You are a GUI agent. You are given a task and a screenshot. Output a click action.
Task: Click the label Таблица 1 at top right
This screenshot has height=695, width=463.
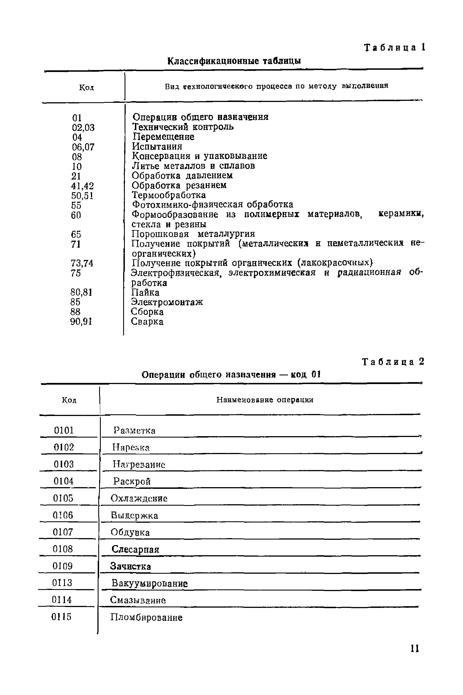[x=394, y=48]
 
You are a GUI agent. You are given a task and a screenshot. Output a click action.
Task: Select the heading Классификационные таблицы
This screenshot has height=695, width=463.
[x=234, y=61]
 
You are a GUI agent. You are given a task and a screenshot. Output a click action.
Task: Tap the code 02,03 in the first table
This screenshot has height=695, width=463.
[x=83, y=128]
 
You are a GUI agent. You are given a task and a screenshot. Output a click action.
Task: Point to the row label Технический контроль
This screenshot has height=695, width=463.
[x=183, y=127]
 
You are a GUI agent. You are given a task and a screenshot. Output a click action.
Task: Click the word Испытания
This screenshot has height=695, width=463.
[x=157, y=146]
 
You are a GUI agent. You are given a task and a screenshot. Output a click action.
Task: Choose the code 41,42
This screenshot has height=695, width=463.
[x=82, y=186]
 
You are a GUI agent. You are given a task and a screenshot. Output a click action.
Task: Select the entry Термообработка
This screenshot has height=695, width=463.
[x=169, y=195]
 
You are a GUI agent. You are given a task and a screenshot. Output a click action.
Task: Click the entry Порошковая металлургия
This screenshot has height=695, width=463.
[x=193, y=234]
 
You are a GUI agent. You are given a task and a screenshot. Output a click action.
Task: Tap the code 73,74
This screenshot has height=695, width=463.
[x=82, y=263]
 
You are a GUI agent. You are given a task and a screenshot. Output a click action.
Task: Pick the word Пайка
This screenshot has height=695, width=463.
[x=145, y=292]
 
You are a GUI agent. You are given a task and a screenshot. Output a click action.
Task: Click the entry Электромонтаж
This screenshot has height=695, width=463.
[x=167, y=302]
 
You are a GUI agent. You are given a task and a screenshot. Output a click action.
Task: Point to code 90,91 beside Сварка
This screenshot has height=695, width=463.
[x=81, y=322]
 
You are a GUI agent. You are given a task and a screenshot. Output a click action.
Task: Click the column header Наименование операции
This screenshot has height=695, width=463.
[x=265, y=400]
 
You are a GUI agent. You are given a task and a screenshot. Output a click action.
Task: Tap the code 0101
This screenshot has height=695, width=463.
[x=64, y=430]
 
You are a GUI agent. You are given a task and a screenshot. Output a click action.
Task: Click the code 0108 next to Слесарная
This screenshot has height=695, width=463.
[x=63, y=549]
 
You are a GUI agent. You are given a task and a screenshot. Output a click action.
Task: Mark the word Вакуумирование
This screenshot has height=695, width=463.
[x=149, y=583]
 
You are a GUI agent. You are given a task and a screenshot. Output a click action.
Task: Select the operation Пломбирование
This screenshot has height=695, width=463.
[x=146, y=617]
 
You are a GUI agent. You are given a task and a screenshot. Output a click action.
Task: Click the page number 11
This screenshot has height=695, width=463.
[x=415, y=648]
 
